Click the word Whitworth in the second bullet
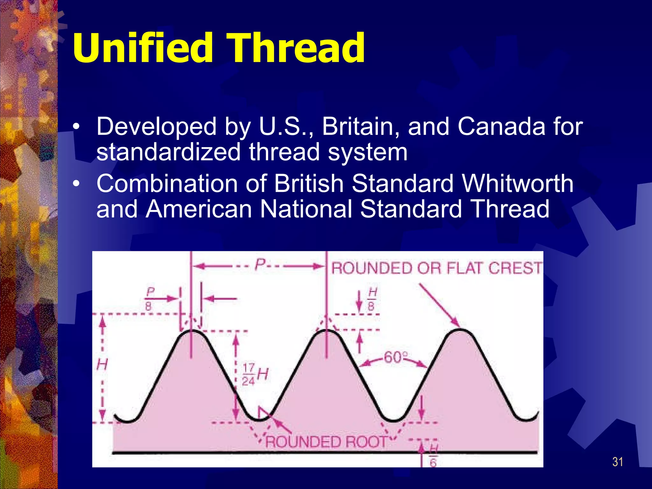coord(518,184)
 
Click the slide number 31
coord(618,462)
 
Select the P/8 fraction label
coord(149,299)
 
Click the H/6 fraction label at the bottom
coord(433,456)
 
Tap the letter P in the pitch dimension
coord(260,264)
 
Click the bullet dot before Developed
coord(76,127)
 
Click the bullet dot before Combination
coord(76,184)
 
